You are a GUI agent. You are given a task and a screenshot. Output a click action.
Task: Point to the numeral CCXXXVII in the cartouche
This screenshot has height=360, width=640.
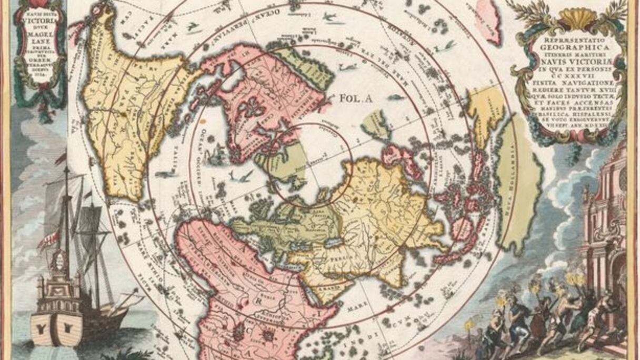coord(570,75)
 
